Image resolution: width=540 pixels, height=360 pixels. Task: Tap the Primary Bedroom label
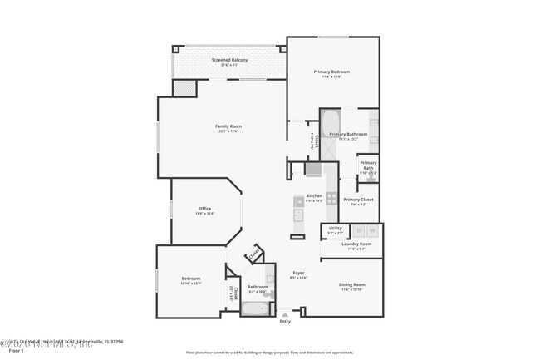click(331, 72)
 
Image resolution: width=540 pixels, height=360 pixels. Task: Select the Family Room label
click(228, 126)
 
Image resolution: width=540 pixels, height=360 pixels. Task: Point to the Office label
click(204, 209)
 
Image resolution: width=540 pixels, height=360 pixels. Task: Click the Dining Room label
click(352, 285)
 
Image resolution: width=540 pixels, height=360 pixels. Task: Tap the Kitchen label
click(314, 196)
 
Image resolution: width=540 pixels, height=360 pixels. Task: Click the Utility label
click(335, 229)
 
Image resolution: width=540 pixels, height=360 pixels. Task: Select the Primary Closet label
click(358, 200)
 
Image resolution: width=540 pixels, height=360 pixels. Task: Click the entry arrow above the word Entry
click(286, 314)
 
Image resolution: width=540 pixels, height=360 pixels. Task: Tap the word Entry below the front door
click(286, 323)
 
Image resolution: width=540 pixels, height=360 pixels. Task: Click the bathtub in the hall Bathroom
click(254, 309)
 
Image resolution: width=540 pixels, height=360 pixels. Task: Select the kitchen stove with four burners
click(331, 198)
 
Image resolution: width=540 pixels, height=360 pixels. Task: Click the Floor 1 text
click(17, 352)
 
